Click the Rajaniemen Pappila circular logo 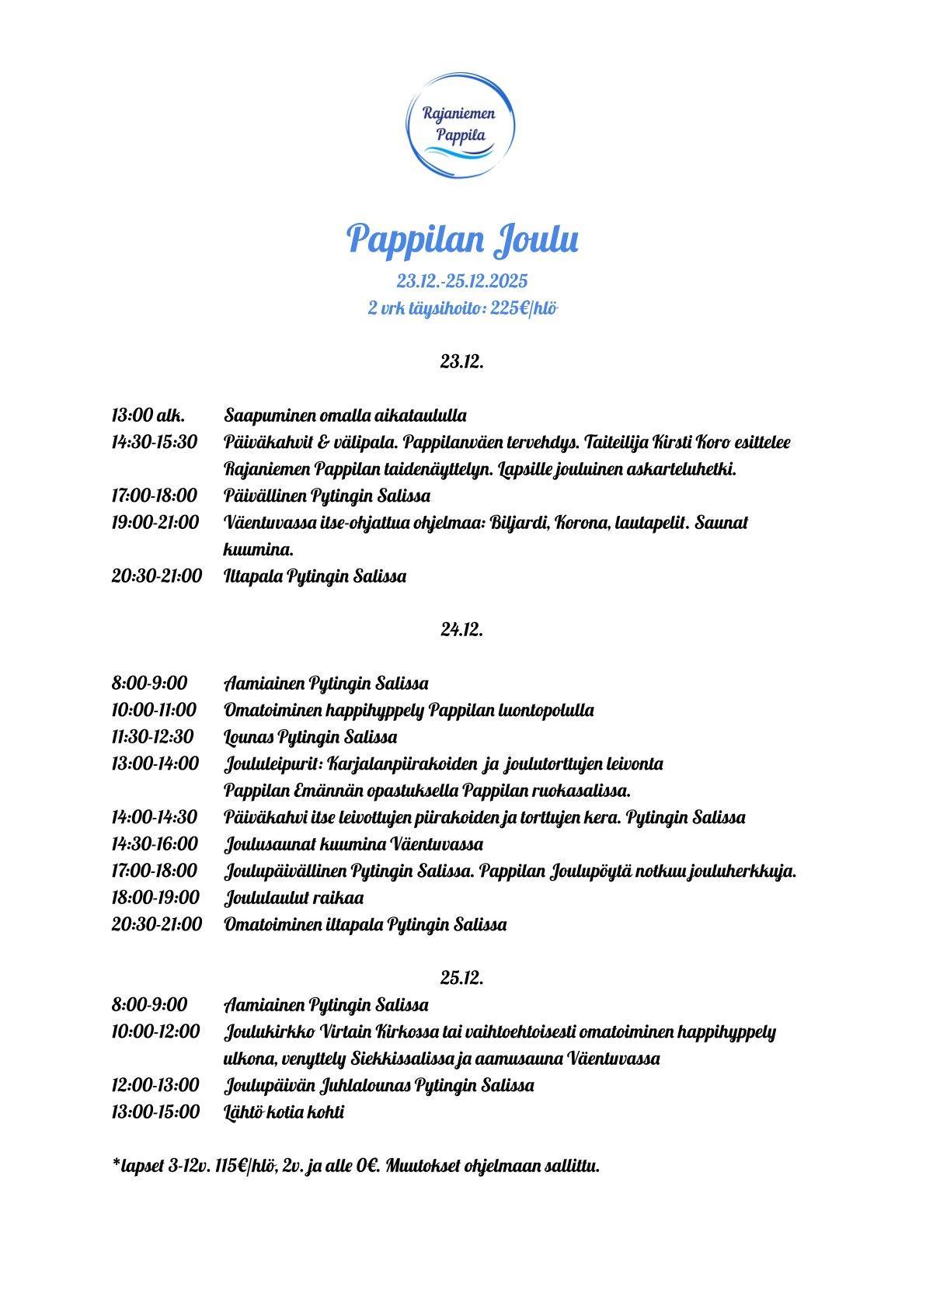pyautogui.click(x=462, y=124)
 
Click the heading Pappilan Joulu pyautogui.click(x=462, y=238)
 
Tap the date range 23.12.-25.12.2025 pyautogui.click(x=462, y=281)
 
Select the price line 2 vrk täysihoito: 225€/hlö pyautogui.click(x=462, y=308)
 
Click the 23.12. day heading pyautogui.click(x=462, y=361)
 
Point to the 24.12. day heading pyautogui.click(x=462, y=630)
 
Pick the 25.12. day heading pyautogui.click(x=462, y=978)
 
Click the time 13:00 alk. pyautogui.click(x=148, y=416)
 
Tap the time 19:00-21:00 pyautogui.click(x=155, y=523)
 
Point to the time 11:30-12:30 pyautogui.click(x=153, y=737)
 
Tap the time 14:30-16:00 pyautogui.click(x=155, y=844)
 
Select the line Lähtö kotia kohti pyautogui.click(x=284, y=1112)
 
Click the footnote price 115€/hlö pyautogui.click(x=230, y=1167)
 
